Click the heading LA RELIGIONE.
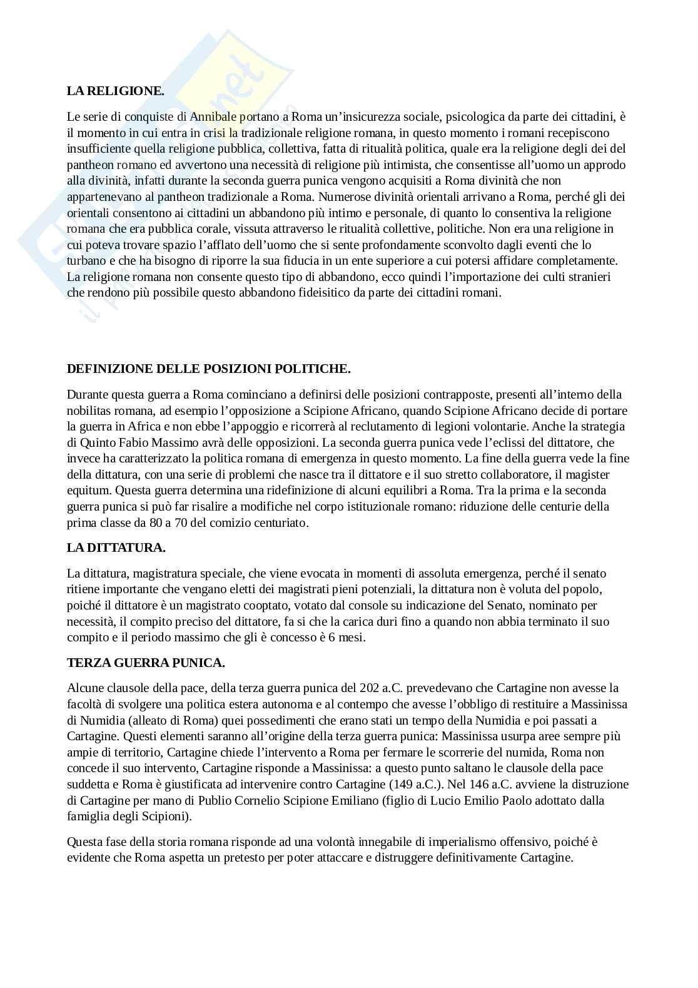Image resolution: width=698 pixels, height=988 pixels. click(x=115, y=91)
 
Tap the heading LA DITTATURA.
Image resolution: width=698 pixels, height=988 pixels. click(x=116, y=547)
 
